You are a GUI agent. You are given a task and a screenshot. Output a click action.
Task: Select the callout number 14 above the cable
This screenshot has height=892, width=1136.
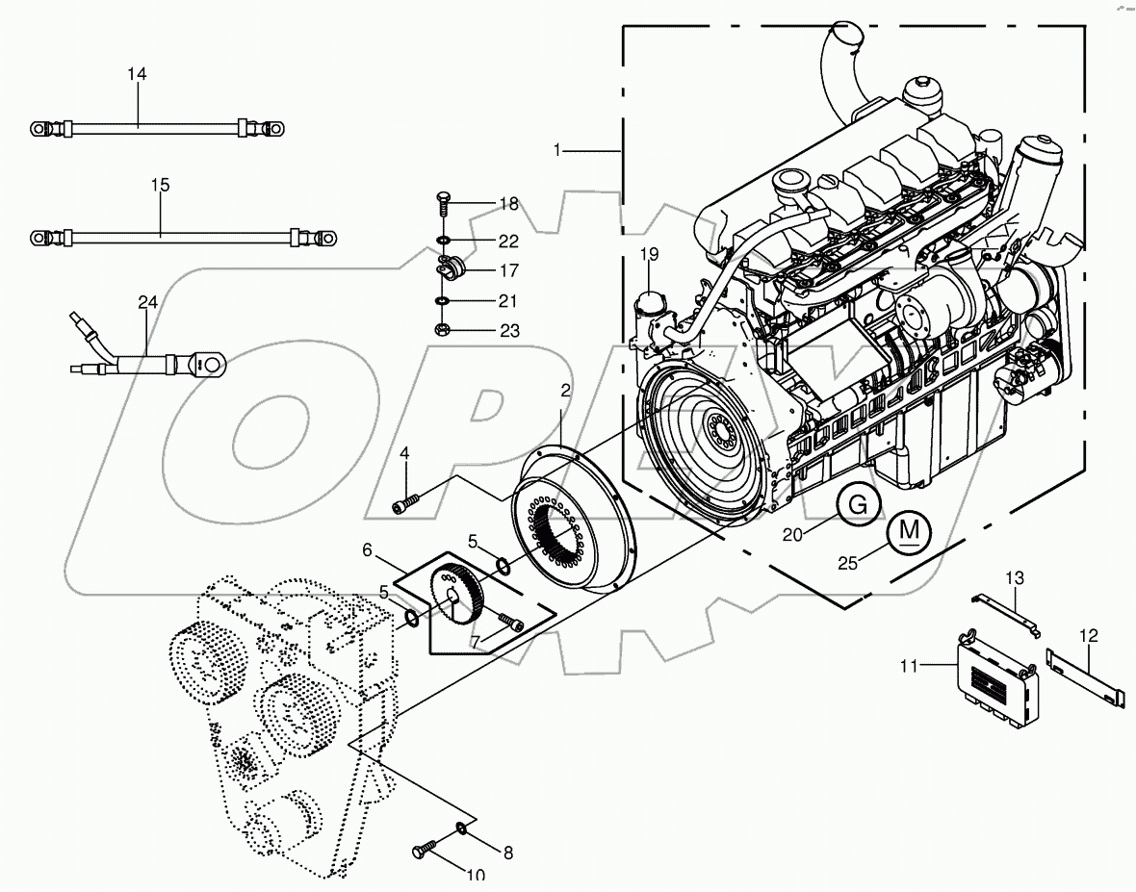[x=138, y=74]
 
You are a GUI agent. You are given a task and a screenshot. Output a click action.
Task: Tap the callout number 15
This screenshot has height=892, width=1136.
[x=160, y=184]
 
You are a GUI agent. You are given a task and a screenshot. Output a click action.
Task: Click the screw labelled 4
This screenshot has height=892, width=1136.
[x=405, y=502]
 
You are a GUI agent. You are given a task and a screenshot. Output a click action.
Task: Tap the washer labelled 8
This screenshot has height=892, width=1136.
[x=463, y=828]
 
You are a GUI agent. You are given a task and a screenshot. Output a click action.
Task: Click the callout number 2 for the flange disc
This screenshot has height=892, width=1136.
[x=566, y=390]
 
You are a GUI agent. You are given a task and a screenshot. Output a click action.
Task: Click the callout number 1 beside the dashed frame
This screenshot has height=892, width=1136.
[x=556, y=150]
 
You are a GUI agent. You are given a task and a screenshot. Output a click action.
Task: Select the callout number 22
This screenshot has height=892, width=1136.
[x=508, y=240]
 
